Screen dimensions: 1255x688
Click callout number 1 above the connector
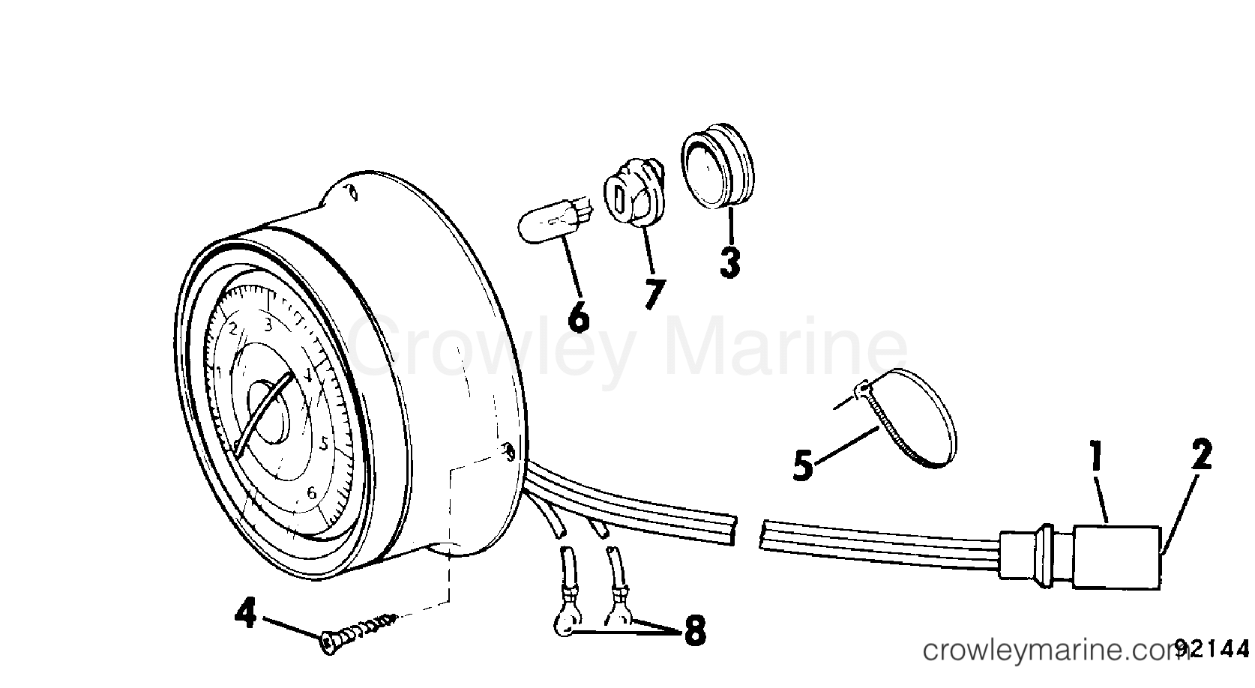[1096, 456]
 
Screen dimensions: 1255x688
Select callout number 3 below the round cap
[730, 262]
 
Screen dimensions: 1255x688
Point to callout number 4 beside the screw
[246, 613]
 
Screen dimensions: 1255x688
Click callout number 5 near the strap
[803, 465]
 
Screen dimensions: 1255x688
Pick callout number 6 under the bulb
[579, 316]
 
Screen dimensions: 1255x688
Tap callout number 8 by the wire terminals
[695, 631]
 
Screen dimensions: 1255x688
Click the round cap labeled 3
[717, 166]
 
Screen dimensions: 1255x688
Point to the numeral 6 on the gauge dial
[312, 492]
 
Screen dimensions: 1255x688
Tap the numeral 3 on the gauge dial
[268, 325]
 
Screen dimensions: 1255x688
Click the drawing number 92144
[1212, 649]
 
